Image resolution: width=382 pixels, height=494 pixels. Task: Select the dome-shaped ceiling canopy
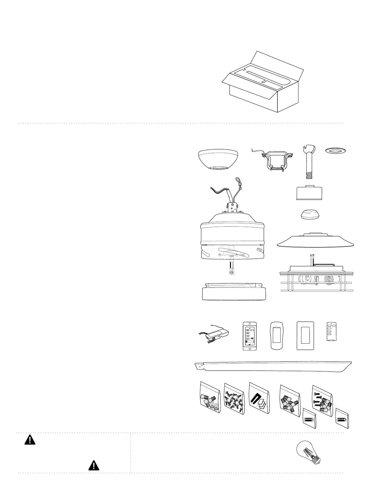pos(218,159)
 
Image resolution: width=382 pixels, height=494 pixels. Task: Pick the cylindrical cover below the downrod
pos(309,193)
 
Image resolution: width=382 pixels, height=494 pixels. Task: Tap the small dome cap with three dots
pos(309,215)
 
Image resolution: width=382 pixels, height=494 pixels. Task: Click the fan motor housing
pos(233,237)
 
